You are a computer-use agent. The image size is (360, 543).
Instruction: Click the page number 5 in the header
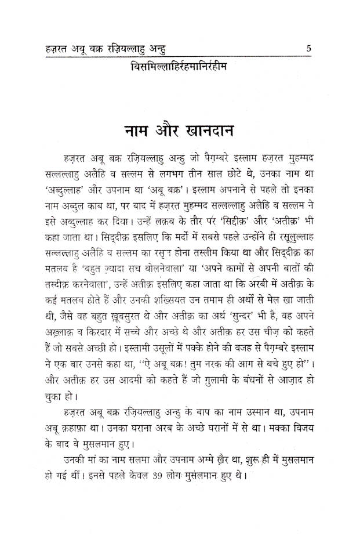[310, 49]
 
